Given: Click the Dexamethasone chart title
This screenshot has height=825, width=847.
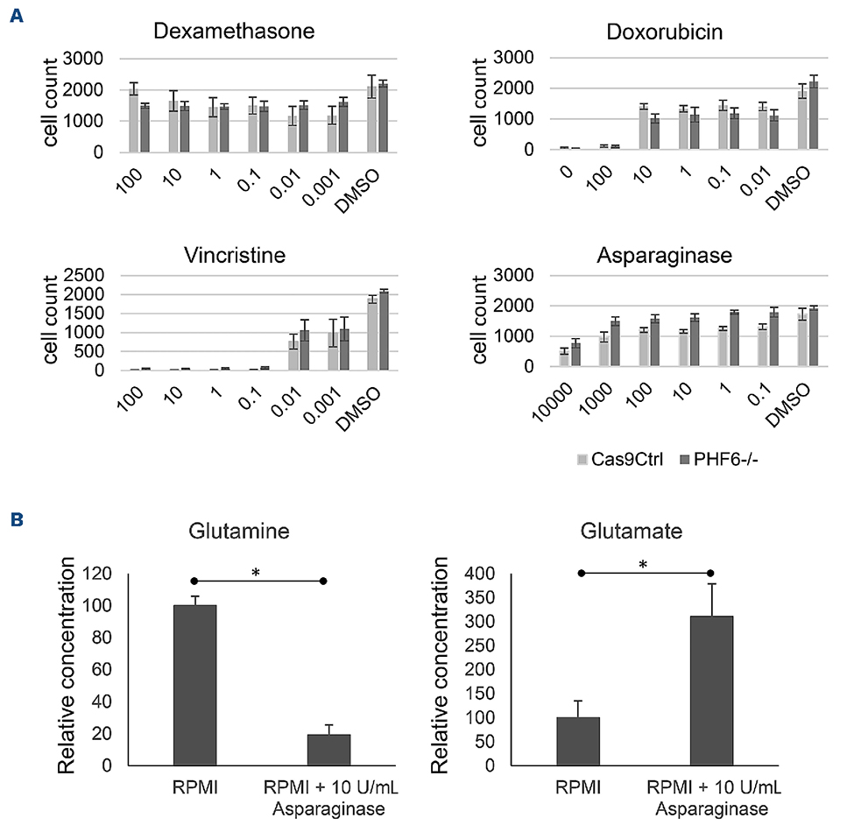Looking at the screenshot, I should [x=234, y=32].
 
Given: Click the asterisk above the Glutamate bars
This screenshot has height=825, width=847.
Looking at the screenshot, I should [x=644, y=566].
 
